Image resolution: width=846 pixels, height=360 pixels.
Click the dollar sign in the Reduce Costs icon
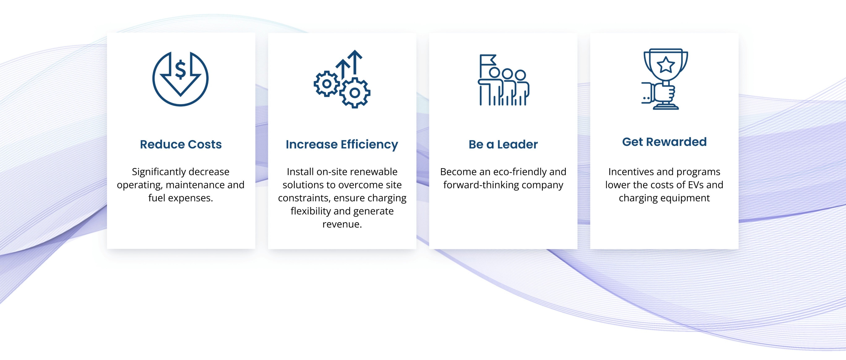coord(180,70)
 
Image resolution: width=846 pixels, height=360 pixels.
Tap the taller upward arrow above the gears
coord(355,62)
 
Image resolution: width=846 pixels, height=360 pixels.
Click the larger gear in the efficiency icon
coord(355,93)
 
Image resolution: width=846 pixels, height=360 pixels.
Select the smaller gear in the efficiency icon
coord(327,84)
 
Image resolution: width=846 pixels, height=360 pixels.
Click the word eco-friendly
coord(519,172)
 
